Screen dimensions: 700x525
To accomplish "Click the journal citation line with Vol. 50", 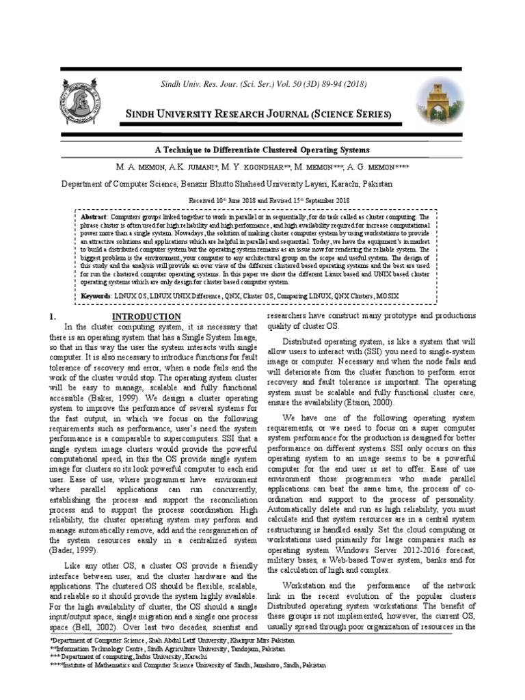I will (x=254, y=84).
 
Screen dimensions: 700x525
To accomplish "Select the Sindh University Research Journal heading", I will (x=257, y=113).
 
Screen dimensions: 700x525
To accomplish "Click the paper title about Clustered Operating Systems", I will (x=262, y=149).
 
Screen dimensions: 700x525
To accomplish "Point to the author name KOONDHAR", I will (x=258, y=167).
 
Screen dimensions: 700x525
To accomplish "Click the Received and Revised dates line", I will (x=269, y=200).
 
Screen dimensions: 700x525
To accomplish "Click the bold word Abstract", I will (x=94, y=215).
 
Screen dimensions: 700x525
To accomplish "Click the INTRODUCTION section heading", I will (x=146, y=317).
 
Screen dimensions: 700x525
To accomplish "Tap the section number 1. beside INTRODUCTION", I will (x=52, y=317).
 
